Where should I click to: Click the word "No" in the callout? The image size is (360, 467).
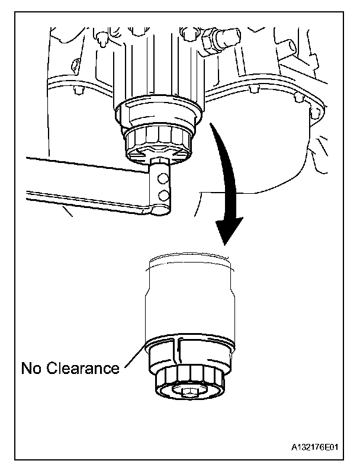(31, 368)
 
